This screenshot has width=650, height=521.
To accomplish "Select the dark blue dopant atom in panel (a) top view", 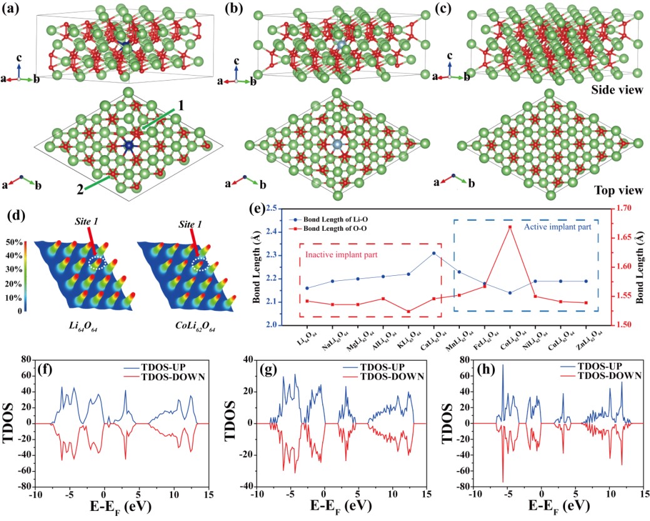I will click(x=129, y=145).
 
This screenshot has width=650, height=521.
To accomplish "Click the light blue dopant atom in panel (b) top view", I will click(x=338, y=144).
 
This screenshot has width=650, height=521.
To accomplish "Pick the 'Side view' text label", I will click(x=617, y=90).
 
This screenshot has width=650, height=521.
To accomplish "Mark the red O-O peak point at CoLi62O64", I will click(x=510, y=227).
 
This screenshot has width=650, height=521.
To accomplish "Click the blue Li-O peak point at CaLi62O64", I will click(x=434, y=253).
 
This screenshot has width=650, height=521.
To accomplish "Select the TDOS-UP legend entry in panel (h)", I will click(x=603, y=367).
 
